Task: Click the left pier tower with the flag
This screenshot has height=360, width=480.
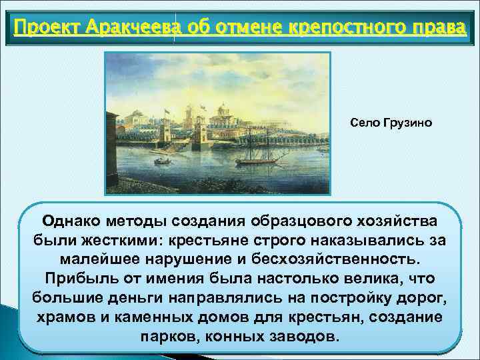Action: pyautogui.click(x=166, y=130)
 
